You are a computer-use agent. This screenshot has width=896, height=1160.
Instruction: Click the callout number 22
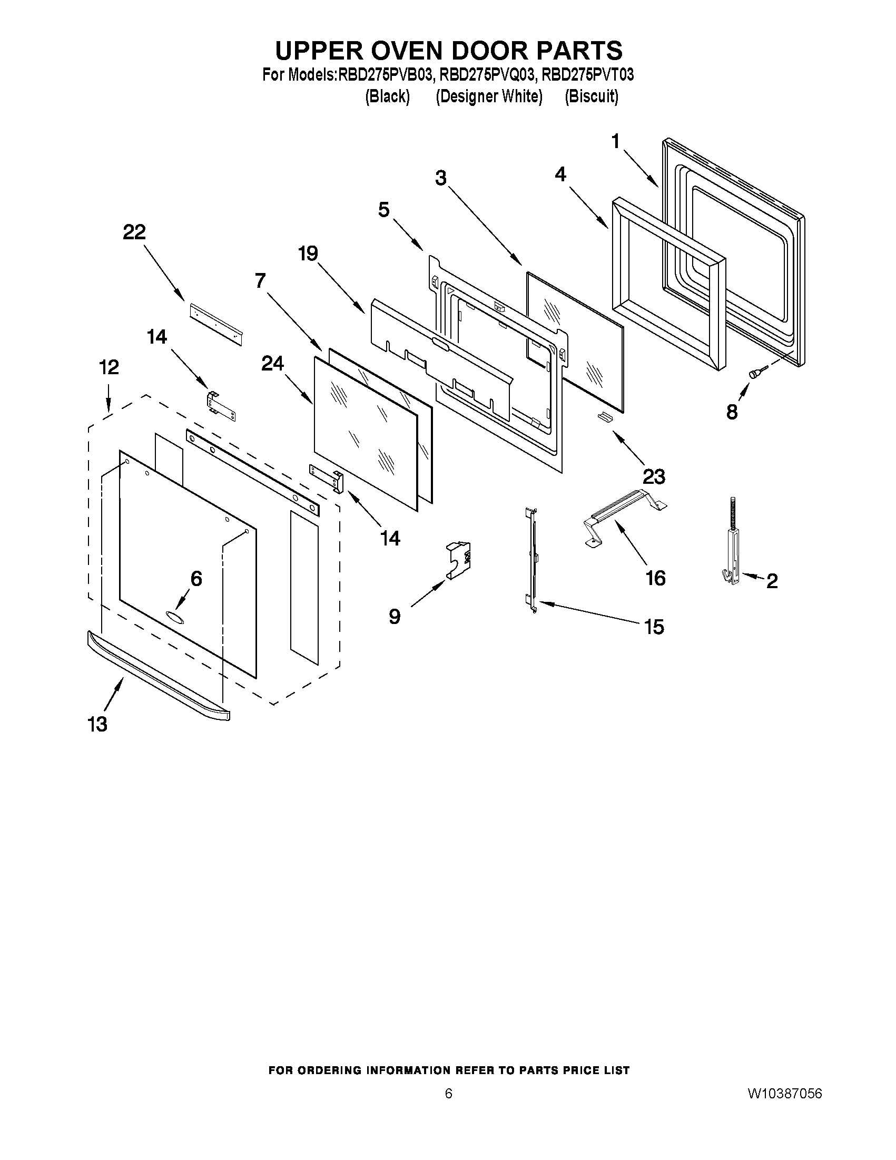134,232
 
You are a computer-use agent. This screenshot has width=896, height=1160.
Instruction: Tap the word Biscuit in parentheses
592,96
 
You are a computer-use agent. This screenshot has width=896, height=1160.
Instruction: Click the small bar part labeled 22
215,323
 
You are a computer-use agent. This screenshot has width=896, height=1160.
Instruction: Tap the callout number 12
110,367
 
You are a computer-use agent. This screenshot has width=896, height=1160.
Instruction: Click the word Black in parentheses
388,96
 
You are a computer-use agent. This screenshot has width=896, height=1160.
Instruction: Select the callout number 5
384,210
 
